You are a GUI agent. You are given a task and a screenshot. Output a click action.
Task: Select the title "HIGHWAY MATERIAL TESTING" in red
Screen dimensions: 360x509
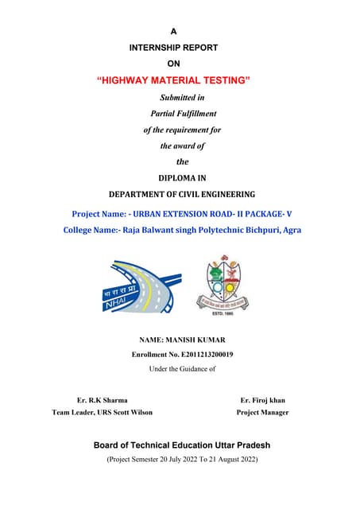[x=173, y=80]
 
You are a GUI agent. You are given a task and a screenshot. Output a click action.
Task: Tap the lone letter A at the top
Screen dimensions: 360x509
[x=173, y=29]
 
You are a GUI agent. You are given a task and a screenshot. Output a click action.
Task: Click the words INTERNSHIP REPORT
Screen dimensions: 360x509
[x=173, y=47]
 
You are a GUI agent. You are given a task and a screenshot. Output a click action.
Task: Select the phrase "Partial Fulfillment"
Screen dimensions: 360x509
[x=183, y=113]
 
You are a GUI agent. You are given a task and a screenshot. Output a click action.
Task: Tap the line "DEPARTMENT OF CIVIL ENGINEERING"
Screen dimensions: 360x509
[x=182, y=194]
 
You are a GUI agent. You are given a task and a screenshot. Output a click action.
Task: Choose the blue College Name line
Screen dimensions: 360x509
[x=182, y=230]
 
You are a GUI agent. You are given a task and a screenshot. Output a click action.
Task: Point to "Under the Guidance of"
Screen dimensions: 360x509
[x=182, y=368]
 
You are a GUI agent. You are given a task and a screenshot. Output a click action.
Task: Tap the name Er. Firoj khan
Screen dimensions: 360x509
[x=262, y=400]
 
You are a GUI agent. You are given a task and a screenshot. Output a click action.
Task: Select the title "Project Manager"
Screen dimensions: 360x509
[x=262, y=413]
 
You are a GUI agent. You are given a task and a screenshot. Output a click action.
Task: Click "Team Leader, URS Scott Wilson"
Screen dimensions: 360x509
[x=102, y=413]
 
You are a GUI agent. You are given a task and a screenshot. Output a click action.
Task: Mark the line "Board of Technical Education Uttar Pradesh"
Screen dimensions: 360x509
[x=182, y=445]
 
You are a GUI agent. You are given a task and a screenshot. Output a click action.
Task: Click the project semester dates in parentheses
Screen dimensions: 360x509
[x=182, y=459]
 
